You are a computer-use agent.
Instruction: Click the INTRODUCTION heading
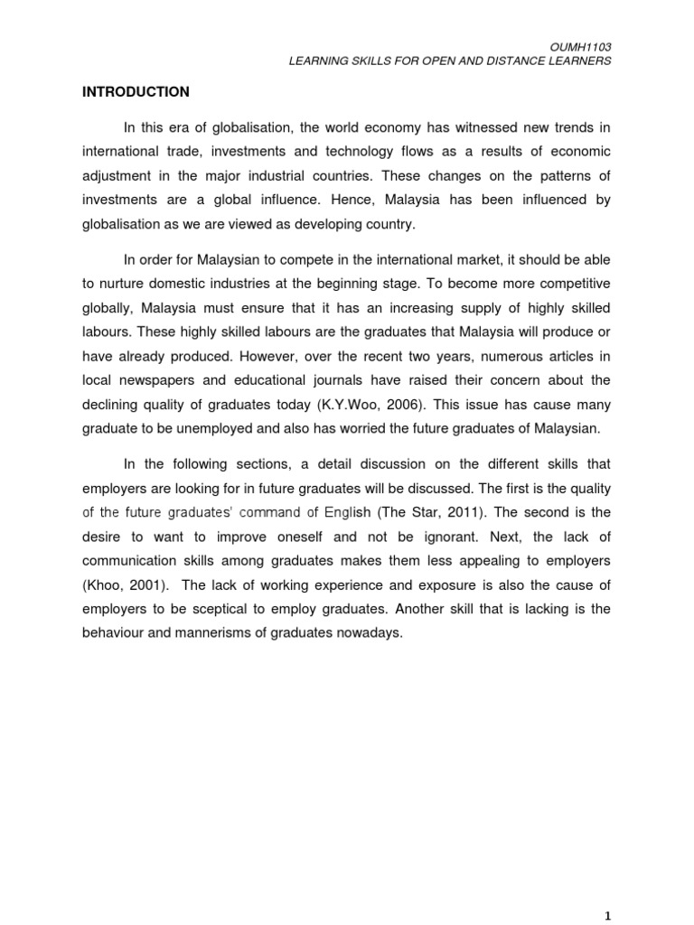136,92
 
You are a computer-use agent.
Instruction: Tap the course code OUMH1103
585,45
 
